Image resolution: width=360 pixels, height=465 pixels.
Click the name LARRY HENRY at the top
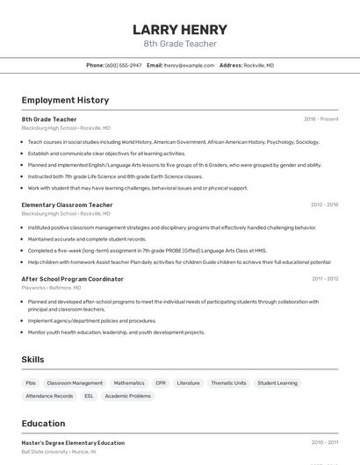180,30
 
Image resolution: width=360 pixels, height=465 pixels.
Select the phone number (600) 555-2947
124,65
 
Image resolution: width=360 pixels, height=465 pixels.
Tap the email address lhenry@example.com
189,65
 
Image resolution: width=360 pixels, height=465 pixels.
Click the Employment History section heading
65,100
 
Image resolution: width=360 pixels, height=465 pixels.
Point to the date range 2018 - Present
321,119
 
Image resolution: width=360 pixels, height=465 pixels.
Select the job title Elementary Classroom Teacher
67,205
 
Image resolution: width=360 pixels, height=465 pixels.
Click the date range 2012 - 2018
324,205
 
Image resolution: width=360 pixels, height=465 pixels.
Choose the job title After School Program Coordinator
72,279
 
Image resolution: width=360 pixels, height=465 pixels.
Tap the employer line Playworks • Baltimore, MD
51,288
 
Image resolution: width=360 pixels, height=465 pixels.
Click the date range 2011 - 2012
325,279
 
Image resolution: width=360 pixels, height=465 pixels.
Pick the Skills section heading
33,360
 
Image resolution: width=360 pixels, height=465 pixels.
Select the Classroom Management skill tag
75,383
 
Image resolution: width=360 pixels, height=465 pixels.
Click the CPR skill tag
161,383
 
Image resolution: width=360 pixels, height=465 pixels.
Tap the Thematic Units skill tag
228,383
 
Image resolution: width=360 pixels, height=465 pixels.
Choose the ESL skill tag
89,396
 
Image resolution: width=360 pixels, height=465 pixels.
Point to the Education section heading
43,423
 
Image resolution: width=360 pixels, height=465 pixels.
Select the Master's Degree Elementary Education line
73,443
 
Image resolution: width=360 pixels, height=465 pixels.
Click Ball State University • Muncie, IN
59,452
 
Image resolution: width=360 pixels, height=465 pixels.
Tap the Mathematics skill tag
129,383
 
